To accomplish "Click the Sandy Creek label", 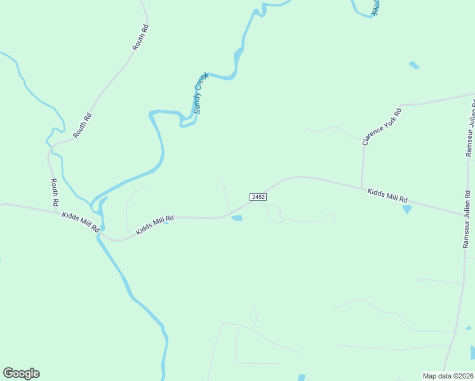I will point(201,93).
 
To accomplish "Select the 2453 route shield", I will point(258,197).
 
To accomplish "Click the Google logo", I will point(21,373).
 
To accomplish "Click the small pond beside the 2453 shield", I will point(237,218).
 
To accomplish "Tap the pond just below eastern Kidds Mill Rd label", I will point(406,209).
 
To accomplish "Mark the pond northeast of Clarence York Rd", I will point(415,65).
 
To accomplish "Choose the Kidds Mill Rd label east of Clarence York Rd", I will point(387,195).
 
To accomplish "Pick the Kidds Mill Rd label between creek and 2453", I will point(154,224).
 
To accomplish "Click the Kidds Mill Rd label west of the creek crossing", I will point(81,221).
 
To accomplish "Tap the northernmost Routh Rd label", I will point(140,37).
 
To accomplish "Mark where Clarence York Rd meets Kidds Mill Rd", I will point(362,188).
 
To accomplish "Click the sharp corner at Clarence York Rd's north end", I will point(399,105).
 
